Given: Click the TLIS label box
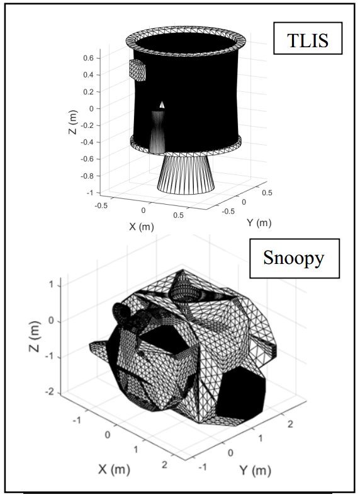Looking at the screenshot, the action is [x=308, y=38].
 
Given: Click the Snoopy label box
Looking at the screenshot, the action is [x=295, y=258].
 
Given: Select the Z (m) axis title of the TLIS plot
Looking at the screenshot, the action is [x=73, y=122].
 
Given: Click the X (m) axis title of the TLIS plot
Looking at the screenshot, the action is [x=142, y=226].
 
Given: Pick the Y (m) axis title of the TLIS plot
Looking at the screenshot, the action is [x=259, y=223].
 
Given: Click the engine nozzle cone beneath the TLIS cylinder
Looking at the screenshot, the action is [x=186, y=174].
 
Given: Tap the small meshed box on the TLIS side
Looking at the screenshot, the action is [x=137, y=70].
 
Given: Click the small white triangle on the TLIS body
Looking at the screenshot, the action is [x=162, y=105].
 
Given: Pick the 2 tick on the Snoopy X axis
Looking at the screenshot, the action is [x=164, y=465].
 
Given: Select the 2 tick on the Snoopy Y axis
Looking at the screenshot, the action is [x=290, y=424].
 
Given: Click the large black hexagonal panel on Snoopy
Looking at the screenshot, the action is [x=241, y=393].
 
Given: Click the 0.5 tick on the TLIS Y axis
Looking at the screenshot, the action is [x=267, y=193].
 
